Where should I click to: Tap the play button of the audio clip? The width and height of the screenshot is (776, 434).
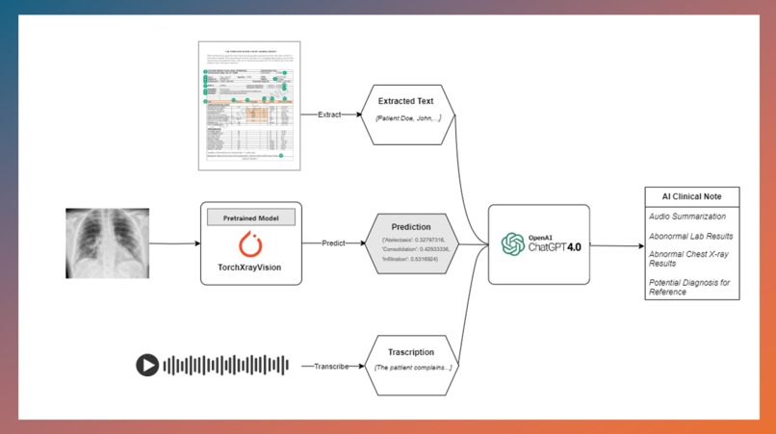146,365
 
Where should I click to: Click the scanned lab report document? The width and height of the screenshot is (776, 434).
249,106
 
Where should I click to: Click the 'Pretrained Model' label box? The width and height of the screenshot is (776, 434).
250,217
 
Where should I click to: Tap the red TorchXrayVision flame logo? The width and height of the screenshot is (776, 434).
250,243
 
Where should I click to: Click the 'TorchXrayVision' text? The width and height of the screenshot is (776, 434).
250,267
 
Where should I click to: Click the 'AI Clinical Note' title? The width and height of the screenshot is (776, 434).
691,196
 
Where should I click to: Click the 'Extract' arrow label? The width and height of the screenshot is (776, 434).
329,115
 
